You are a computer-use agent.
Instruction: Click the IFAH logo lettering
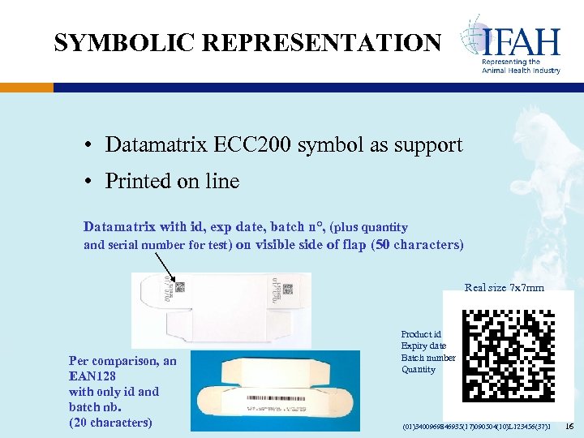pos(522,40)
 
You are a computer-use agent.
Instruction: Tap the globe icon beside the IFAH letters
pos(473,38)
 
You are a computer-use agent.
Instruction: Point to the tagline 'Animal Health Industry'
pos(521,71)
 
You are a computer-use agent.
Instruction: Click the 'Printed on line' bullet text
pos(172,181)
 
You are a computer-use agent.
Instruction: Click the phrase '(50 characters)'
pos(416,244)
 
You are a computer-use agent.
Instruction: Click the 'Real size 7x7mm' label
pos(504,287)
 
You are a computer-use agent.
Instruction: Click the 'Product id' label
pos(421,334)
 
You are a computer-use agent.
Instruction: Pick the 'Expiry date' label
pos(423,346)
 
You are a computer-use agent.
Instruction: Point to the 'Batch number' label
pos(428,358)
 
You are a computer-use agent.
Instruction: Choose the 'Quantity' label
pos(418,370)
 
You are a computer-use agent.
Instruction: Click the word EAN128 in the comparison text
pos(92,376)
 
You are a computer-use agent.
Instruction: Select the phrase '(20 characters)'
pos(110,422)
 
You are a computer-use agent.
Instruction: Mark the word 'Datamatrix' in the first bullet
pos(157,145)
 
